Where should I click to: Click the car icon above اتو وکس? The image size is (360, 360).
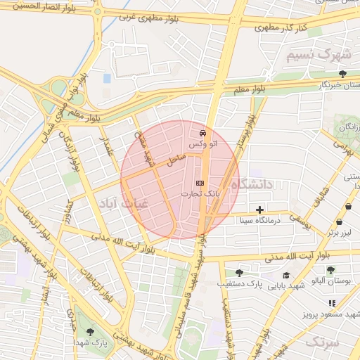coord(202,132)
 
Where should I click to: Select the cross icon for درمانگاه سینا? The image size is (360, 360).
coord(260,210)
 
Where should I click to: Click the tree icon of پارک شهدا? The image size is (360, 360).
coord(89,331)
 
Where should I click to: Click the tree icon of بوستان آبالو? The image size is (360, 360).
coord(330,270)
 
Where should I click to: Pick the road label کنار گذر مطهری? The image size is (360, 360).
coord(281,28)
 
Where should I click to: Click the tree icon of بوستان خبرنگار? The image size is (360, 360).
coord(342,74)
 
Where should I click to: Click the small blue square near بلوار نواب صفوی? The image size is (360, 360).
coord(107,78)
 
